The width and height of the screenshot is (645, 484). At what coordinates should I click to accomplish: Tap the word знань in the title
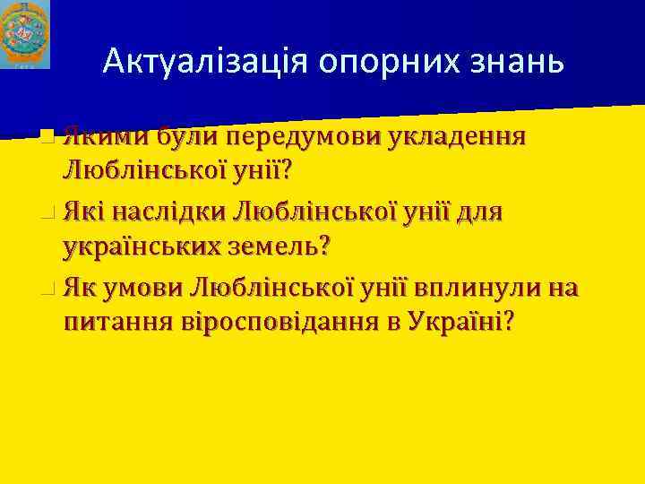[524, 60]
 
